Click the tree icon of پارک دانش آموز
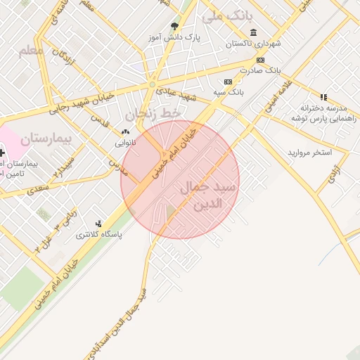[174, 27]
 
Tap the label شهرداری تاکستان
[253, 44]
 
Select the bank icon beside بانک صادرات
[260, 60]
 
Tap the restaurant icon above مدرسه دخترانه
[323, 97]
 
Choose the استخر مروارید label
[309, 153]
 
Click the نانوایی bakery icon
[125, 131]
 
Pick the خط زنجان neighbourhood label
[153, 112]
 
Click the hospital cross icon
[2, 152]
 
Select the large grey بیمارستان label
[46, 138]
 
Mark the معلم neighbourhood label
[32, 51]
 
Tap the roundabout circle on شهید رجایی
[152, 85]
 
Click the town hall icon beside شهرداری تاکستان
[253, 32]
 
